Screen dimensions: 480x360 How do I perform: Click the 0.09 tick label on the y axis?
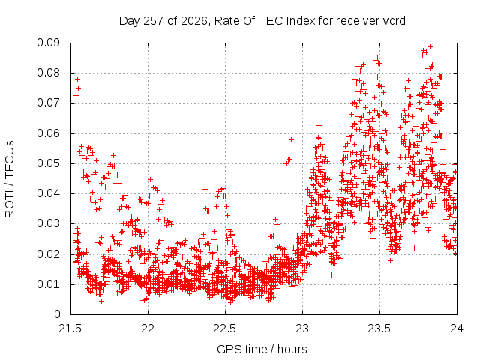(x=48, y=43)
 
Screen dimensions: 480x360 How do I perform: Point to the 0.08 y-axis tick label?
(x=48, y=73)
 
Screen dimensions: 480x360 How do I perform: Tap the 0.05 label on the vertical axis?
(x=48, y=163)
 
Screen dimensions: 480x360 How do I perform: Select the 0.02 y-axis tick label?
(x=48, y=254)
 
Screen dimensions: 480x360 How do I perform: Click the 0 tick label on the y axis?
(x=57, y=314)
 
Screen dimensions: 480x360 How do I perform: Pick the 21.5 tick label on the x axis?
(x=70, y=328)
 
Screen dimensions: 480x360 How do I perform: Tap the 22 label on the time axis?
(x=148, y=328)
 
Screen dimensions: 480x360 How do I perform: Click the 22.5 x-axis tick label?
(x=225, y=328)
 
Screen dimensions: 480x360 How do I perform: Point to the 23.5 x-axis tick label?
(x=379, y=328)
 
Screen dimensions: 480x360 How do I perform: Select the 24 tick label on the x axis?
(x=457, y=328)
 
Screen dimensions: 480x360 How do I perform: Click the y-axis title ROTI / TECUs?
(x=10, y=179)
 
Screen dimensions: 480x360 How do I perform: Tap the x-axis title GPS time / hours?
(x=262, y=349)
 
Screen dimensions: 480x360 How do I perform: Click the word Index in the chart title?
(x=300, y=21)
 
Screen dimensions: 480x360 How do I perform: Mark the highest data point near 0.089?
(x=430, y=46)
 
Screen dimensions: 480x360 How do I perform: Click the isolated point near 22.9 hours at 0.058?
(x=292, y=140)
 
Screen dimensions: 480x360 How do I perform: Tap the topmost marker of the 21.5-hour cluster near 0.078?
(x=77, y=79)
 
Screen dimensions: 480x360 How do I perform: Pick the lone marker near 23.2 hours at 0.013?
(x=331, y=275)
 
